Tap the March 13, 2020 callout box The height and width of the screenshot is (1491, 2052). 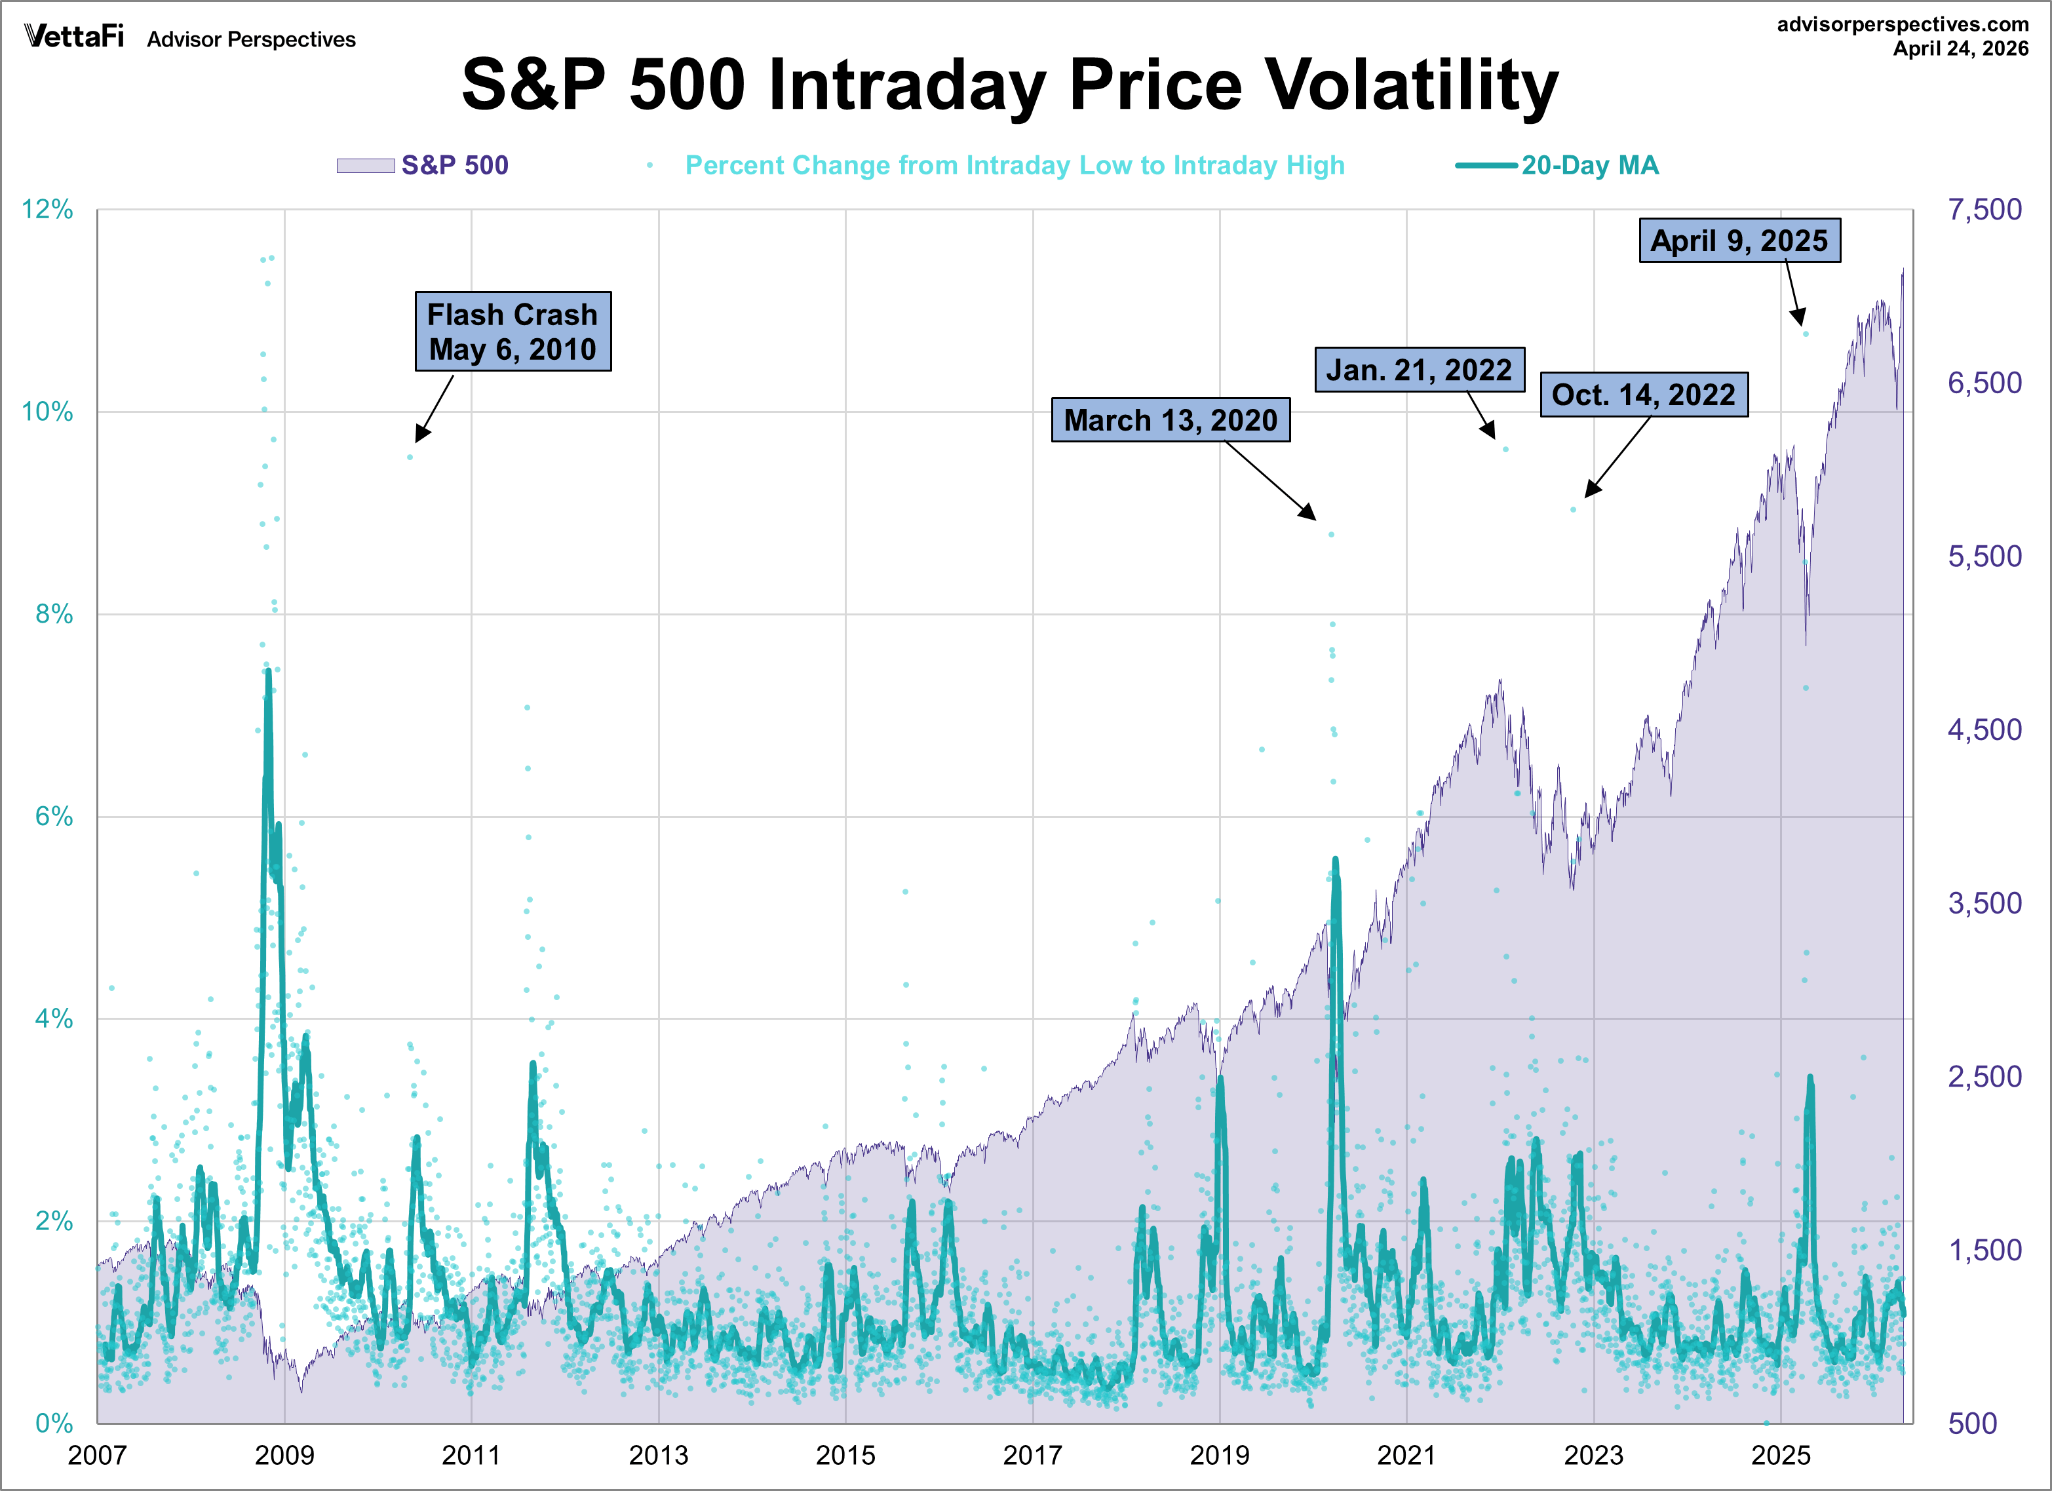[x=1170, y=420]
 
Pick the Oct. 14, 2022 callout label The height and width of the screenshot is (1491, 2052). [x=1643, y=395]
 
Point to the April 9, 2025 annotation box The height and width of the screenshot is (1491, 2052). [x=1739, y=241]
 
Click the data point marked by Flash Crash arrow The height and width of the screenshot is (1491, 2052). [x=410, y=457]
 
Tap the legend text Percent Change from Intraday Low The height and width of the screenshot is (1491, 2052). [x=1015, y=166]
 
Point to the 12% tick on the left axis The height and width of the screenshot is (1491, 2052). [x=47, y=210]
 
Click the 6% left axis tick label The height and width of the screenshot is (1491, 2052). [x=53, y=817]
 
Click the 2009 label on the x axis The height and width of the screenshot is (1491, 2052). [x=284, y=1455]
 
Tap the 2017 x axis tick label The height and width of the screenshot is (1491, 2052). [x=1032, y=1455]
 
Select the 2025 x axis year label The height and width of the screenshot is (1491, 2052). [x=1781, y=1455]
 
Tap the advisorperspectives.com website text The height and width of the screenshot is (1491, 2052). [x=1902, y=24]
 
